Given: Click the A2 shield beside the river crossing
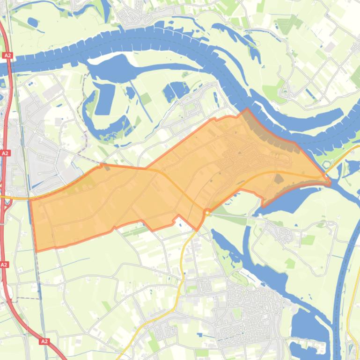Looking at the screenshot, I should coord(7,56).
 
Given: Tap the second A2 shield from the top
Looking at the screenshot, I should coord(5,153).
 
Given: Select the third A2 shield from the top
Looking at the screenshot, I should coord(4,265).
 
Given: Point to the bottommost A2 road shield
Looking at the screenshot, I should coord(44,341).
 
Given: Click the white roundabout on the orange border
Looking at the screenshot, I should coord(206,213).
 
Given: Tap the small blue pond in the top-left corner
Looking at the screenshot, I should coord(33,21).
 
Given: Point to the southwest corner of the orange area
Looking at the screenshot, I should coord(37,251).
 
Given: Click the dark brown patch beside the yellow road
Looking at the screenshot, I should coord(279,178).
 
